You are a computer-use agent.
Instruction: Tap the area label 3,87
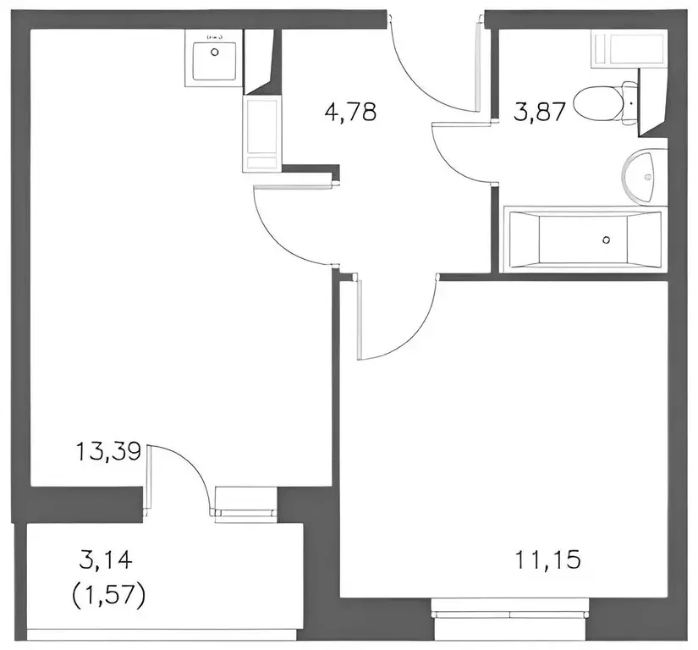tap(540, 112)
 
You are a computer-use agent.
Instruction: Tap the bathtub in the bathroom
tap(582, 240)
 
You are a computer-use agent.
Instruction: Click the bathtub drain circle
tap(606, 240)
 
